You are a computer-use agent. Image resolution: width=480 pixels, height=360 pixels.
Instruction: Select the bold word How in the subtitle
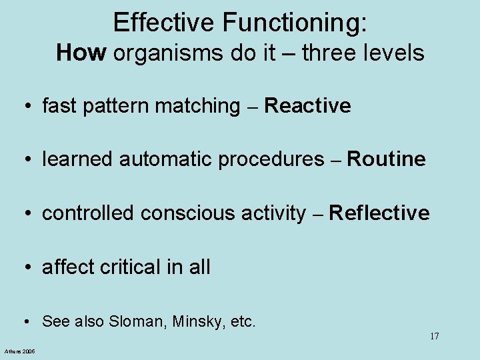tap(81, 52)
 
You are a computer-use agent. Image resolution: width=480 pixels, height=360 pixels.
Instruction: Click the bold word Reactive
tap(307, 105)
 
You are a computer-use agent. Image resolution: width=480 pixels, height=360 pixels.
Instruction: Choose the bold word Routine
tap(386, 159)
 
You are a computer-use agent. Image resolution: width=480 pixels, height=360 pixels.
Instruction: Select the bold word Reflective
tap(379, 213)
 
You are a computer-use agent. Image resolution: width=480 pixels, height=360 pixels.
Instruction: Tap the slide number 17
tap(434, 336)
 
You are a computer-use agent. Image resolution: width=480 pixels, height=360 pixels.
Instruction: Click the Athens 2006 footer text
tap(20, 351)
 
